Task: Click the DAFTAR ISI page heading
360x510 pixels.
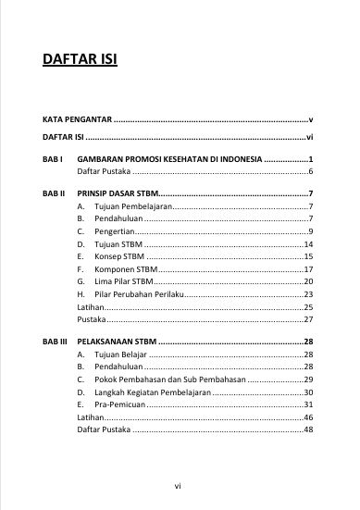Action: click(x=79, y=63)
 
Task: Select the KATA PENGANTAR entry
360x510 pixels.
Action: click(x=77, y=120)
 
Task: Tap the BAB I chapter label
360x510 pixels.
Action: click(x=53, y=159)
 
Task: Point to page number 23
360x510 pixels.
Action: click(x=309, y=293)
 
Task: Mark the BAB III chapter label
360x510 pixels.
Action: click(x=56, y=342)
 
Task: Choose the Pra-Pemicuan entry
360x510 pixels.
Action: click(x=119, y=404)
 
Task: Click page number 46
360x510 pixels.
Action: click(x=309, y=417)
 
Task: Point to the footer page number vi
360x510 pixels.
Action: click(x=180, y=482)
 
